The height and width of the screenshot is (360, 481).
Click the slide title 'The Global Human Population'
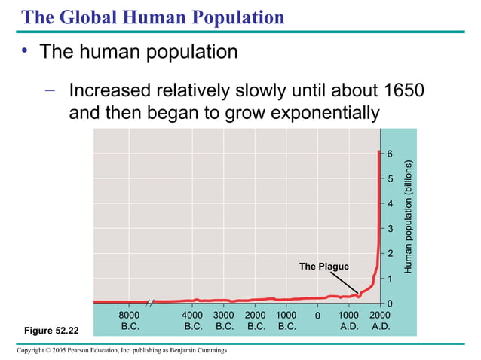click(x=152, y=17)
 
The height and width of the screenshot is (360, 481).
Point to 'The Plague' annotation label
click(x=324, y=267)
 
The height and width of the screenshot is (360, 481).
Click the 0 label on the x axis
click(x=317, y=315)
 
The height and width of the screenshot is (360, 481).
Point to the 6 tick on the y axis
click(x=390, y=154)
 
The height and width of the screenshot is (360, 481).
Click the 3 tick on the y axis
click(x=390, y=229)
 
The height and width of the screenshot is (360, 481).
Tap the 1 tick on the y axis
click(x=390, y=279)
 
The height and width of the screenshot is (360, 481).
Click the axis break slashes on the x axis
click(x=150, y=302)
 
